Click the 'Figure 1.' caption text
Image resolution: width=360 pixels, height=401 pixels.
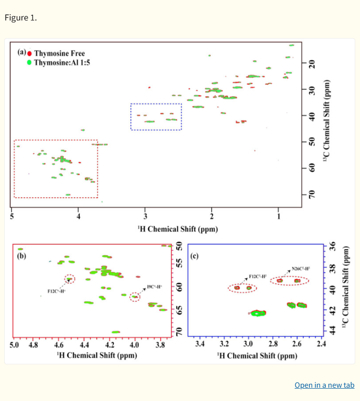(21, 18)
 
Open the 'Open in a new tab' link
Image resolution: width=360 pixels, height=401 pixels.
(324, 385)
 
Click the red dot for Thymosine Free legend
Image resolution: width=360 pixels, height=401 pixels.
(30, 53)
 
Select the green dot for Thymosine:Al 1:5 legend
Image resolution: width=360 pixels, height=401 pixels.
(30, 62)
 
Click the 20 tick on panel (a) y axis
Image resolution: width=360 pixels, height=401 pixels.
(312, 64)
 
